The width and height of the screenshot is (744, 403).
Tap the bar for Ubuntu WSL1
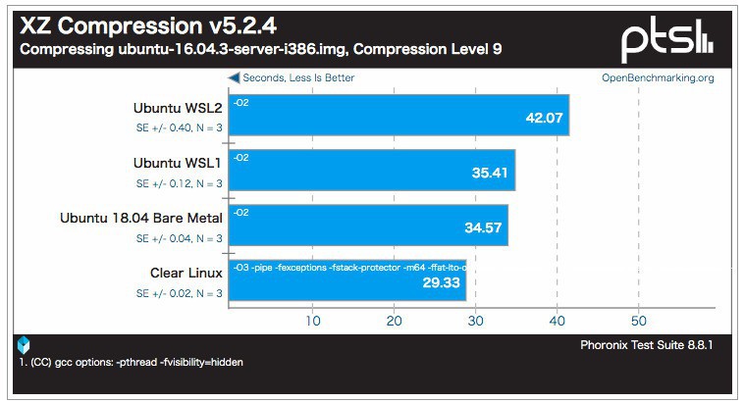tap(372, 170)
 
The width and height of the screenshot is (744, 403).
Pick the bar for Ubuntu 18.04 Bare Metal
tap(368, 225)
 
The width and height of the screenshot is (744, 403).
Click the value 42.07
tap(544, 118)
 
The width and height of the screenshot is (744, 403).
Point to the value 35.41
tap(488, 174)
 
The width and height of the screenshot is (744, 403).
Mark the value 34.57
tap(481, 228)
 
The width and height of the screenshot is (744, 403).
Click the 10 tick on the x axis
tap(313, 320)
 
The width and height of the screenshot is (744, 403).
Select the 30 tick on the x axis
tap(476, 320)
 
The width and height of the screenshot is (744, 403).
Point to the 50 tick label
tap(639, 320)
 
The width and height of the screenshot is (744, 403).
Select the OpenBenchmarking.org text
tap(658, 77)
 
